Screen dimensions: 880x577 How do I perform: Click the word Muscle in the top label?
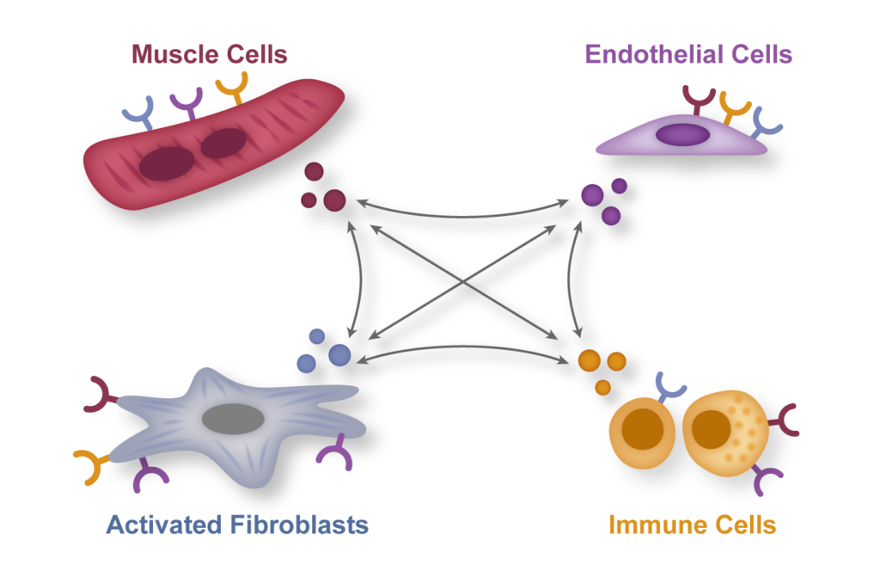click(x=172, y=54)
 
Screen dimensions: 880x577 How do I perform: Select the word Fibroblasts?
click(x=299, y=525)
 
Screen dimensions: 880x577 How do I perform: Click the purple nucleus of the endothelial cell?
click(x=682, y=135)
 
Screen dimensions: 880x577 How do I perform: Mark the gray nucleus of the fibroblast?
click(x=233, y=419)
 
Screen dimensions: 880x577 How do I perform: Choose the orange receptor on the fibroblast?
click(x=94, y=464)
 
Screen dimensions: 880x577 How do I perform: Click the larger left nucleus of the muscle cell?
click(x=167, y=163)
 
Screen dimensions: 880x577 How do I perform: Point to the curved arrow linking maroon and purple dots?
click(x=463, y=215)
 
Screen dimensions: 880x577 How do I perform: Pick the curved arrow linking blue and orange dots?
click(x=463, y=347)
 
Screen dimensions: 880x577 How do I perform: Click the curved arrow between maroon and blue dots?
click(x=360, y=279)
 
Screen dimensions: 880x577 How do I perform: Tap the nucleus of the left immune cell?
click(x=642, y=429)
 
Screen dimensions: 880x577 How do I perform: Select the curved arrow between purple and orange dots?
click(x=569, y=279)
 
